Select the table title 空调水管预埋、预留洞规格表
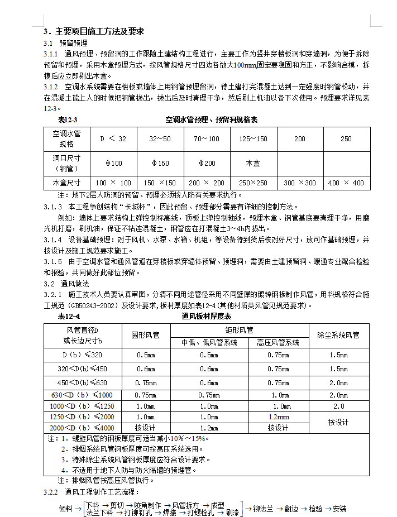(212, 119)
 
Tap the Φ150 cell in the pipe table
(160, 163)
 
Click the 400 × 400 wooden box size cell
(346, 183)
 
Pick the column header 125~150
(253, 138)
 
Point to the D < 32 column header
(113, 138)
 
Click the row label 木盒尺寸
(66, 183)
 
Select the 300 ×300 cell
(300, 183)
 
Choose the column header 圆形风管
(145, 335)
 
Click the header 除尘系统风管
(338, 335)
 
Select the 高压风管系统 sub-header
(278, 342)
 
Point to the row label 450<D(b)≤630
(82, 382)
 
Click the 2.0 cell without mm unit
(338, 406)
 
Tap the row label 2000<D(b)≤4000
(82, 428)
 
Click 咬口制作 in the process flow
(147, 505)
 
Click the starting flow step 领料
(66, 509)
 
